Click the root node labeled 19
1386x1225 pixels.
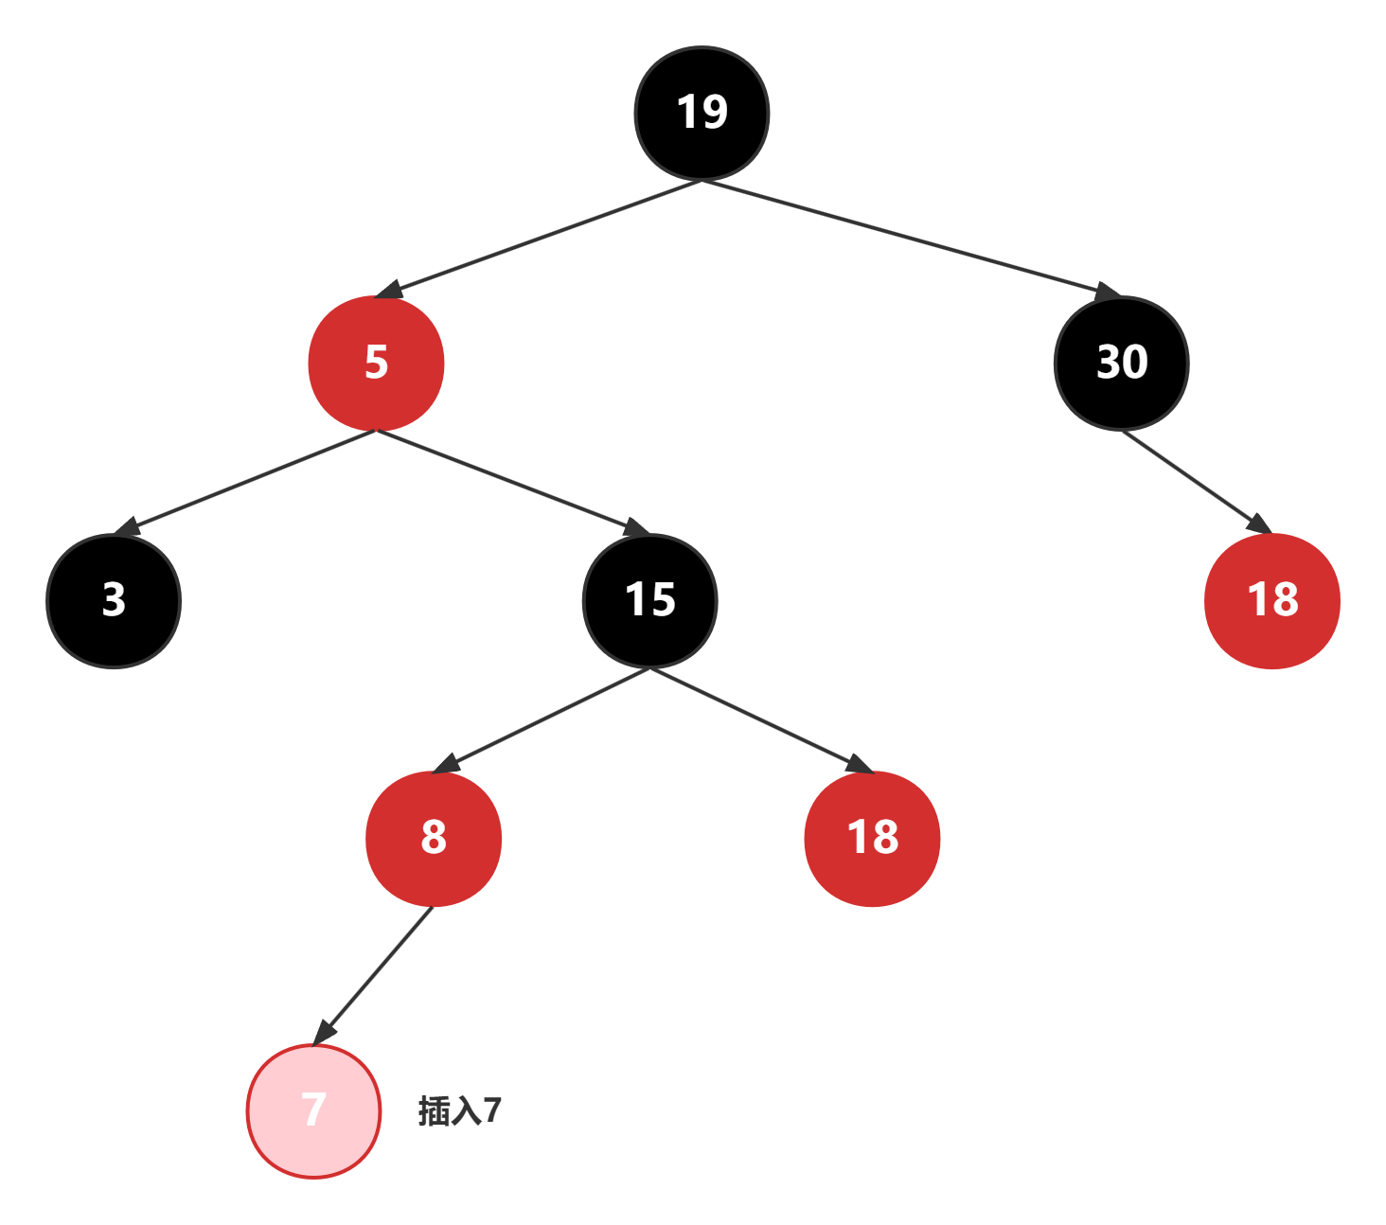702,113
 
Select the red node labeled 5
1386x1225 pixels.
376,363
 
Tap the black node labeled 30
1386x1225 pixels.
1122,363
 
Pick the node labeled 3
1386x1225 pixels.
114,600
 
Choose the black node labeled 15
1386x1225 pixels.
650,600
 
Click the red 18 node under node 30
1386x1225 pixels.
1272,600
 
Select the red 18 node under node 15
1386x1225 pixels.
872,838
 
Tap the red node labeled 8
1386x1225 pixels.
434,838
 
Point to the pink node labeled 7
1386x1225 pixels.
313,1110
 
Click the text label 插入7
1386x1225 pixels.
460,1110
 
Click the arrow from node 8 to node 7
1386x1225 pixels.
374,974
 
